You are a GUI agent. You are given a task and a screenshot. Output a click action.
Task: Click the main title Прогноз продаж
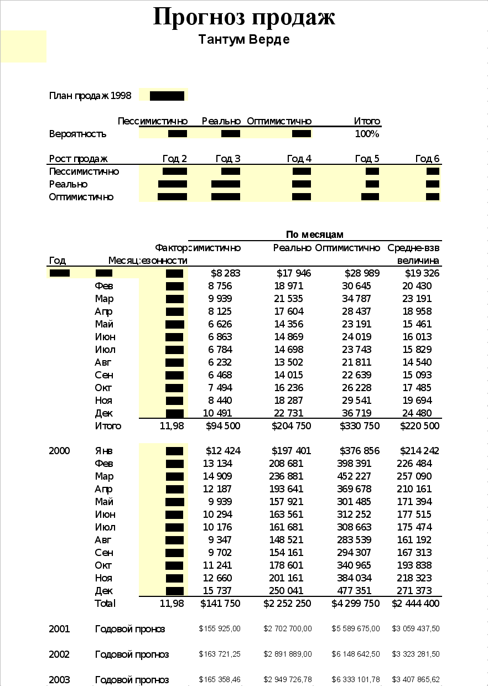(x=244, y=17)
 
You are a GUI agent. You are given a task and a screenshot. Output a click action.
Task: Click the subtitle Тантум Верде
(x=244, y=40)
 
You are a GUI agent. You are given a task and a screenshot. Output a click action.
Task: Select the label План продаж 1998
(x=90, y=96)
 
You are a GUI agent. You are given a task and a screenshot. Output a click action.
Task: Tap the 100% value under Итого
(x=367, y=134)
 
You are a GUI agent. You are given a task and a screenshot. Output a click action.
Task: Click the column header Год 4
(x=299, y=159)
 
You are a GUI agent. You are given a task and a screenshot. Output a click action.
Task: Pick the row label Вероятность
(x=77, y=134)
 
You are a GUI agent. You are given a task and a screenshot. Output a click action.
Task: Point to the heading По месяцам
(x=315, y=235)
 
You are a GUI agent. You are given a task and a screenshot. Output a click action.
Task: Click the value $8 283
(x=226, y=273)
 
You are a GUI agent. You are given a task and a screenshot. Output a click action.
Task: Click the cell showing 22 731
(x=289, y=413)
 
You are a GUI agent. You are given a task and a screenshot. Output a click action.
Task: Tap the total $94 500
(x=223, y=426)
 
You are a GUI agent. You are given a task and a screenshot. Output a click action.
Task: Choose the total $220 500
(x=420, y=426)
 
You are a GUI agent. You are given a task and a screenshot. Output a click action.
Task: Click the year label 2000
(x=59, y=451)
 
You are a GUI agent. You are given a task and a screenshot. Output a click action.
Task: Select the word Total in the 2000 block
(x=105, y=604)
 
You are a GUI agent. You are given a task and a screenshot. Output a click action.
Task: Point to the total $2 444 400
(x=416, y=604)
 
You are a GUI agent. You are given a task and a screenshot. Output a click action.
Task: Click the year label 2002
(x=59, y=654)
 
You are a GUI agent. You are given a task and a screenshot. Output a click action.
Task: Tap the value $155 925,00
(x=220, y=629)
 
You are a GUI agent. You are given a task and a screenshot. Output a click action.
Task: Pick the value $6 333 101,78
(x=356, y=680)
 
